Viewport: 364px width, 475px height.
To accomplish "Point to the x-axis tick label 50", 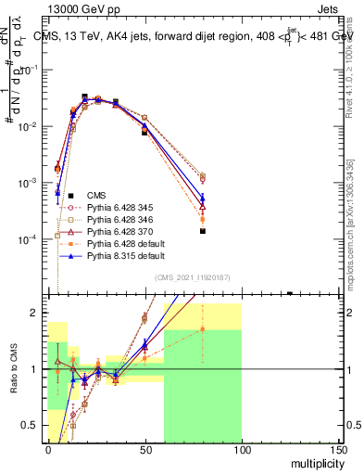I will [144, 451].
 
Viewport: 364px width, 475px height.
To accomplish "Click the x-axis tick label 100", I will [242, 451].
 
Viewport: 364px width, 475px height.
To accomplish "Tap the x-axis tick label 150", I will [338, 451].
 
